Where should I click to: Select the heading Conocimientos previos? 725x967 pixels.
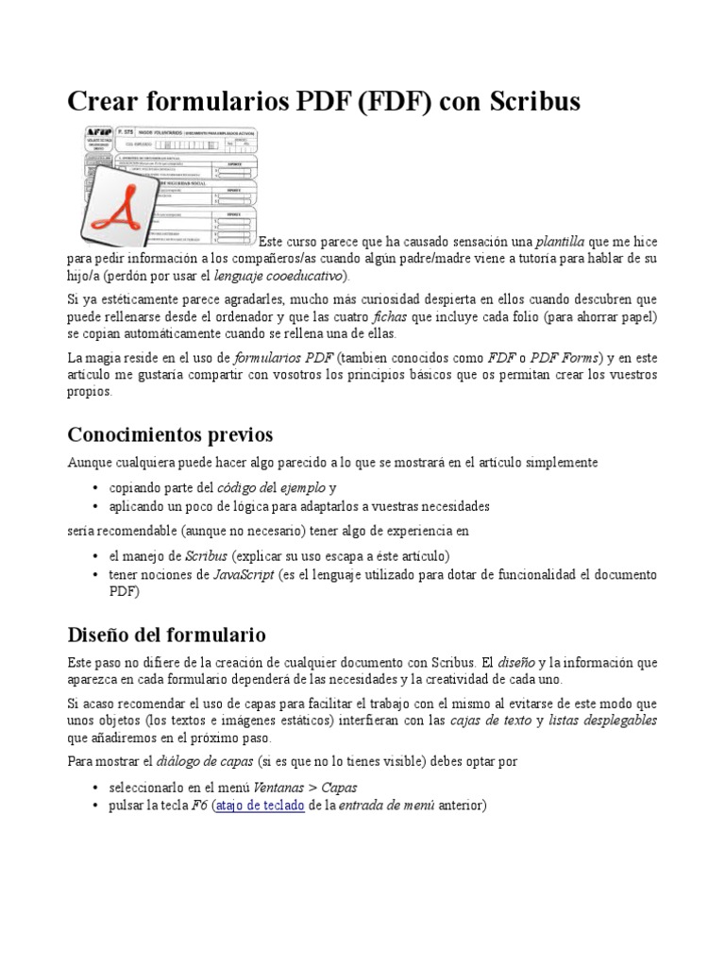[170, 434]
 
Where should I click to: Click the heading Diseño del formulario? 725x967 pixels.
[166, 634]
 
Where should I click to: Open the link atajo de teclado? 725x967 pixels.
[260, 805]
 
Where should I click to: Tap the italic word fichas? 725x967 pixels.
[391, 315]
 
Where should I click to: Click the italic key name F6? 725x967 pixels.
[199, 805]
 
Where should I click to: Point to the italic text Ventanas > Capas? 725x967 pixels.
[313, 788]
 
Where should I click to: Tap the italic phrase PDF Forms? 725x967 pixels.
[564, 358]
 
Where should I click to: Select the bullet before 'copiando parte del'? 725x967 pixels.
[97, 488]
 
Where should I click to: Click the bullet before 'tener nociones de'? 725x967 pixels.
[97, 575]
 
